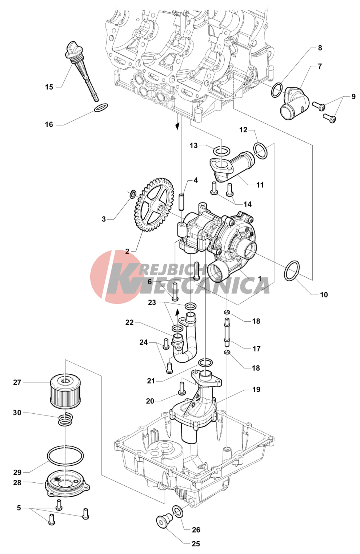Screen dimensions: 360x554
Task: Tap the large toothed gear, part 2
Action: (154, 205)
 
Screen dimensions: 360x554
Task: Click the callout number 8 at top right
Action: (320, 48)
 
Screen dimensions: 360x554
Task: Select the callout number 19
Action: (256, 390)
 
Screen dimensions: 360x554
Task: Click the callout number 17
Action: (256, 349)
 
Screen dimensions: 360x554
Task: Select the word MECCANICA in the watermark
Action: (188, 286)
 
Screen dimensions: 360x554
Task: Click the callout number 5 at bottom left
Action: (19, 507)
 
